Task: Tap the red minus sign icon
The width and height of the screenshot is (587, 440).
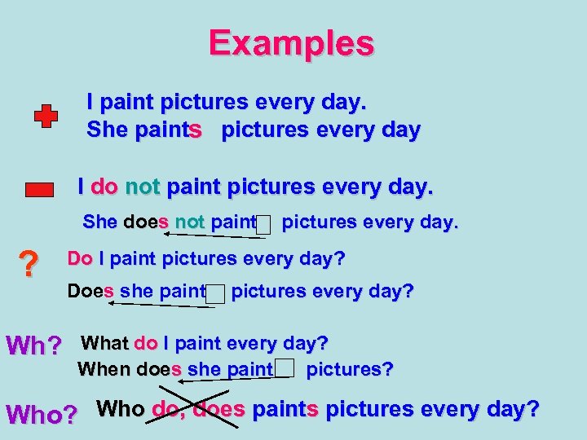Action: [x=39, y=190]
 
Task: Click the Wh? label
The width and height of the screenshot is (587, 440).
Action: [x=33, y=345]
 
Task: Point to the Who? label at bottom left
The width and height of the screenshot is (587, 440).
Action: [x=42, y=414]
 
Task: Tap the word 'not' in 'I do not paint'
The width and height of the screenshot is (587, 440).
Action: [x=143, y=187]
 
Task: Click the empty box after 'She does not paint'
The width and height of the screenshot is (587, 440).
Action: [x=263, y=225]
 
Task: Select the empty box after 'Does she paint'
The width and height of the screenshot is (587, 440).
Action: [x=215, y=293]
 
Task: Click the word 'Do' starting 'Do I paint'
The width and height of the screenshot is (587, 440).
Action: [x=79, y=259]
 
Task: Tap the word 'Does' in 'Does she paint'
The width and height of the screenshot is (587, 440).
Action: [x=90, y=291]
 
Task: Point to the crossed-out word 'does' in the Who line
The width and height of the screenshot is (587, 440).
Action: [x=218, y=409]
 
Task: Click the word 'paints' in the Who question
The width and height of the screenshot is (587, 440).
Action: [x=285, y=409]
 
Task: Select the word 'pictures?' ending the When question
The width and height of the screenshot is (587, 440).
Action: [x=350, y=369]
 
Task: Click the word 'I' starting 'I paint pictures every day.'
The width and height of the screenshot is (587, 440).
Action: [x=91, y=103]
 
